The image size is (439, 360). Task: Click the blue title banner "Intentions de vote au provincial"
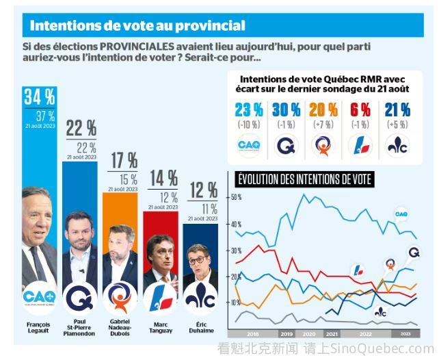[x=137, y=26]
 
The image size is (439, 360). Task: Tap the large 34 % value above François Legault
[x=40, y=97]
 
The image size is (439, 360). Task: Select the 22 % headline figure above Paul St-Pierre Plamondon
[x=81, y=127]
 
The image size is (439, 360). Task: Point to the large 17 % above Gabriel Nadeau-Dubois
[x=123, y=161]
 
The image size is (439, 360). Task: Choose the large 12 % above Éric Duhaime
[x=203, y=190]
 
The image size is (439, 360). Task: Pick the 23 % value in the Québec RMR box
[x=248, y=110]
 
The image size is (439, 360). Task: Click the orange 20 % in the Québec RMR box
[x=323, y=110]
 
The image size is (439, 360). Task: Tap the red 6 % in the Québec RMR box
[x=360, y=110]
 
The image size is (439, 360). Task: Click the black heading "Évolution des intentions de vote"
[x=304, y=179]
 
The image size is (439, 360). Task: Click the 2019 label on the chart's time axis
[x=287, y=333]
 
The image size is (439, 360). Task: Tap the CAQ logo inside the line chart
[x=401, y=215]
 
